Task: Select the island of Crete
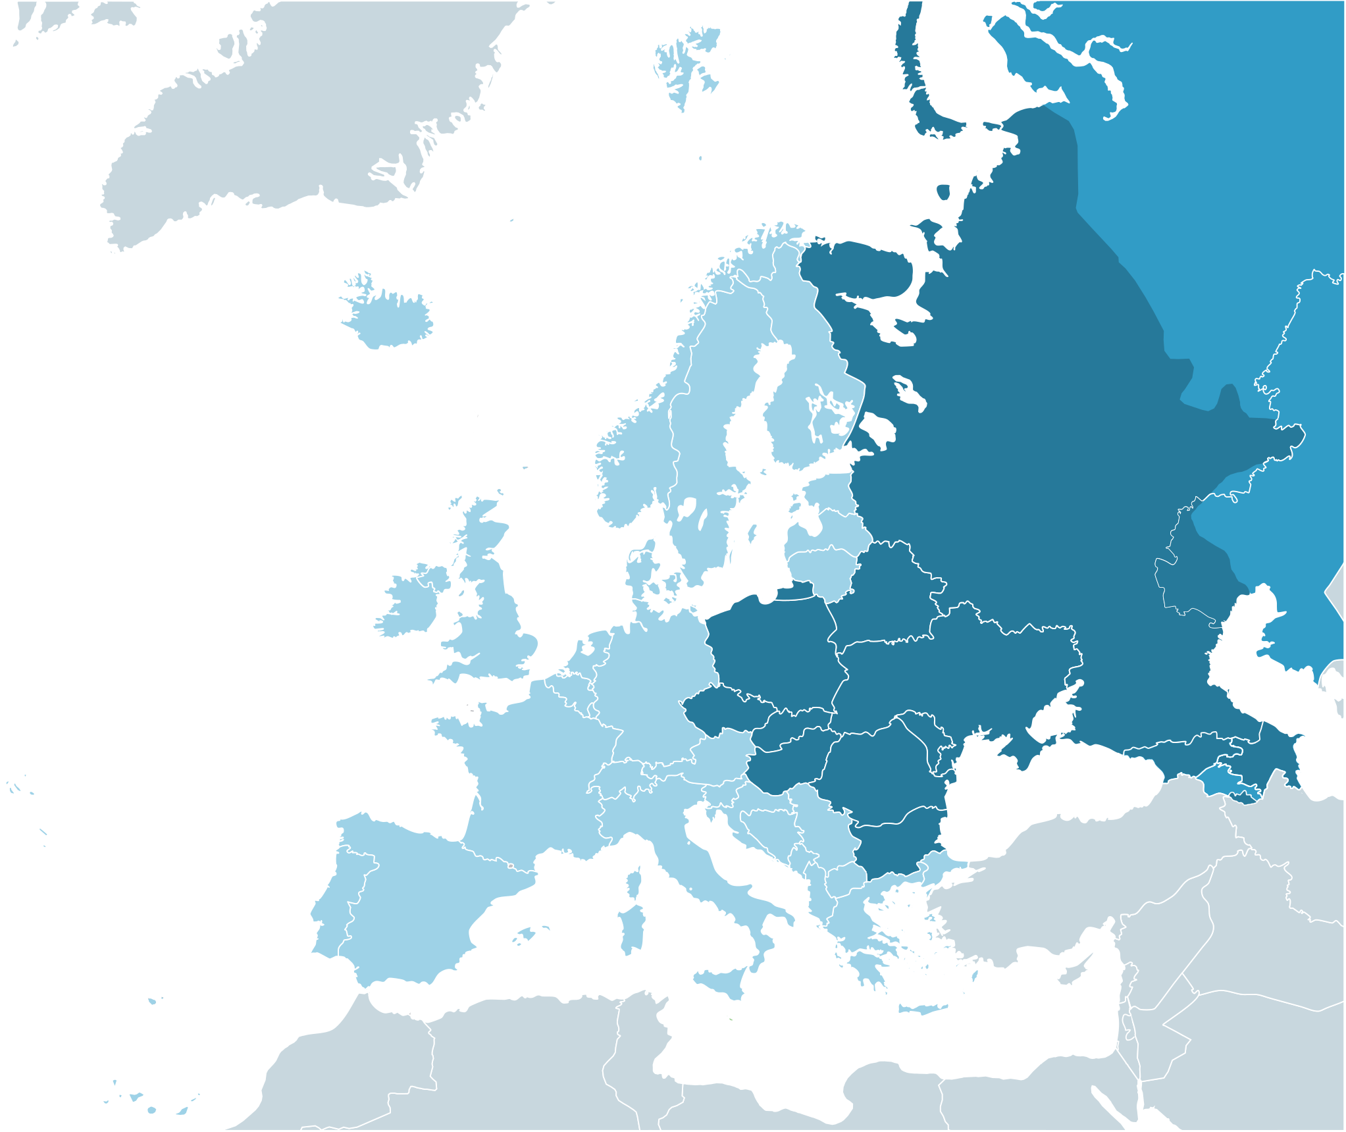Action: [921, 1009]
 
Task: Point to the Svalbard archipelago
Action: [685, 66]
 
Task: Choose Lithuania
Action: [823, 569]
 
